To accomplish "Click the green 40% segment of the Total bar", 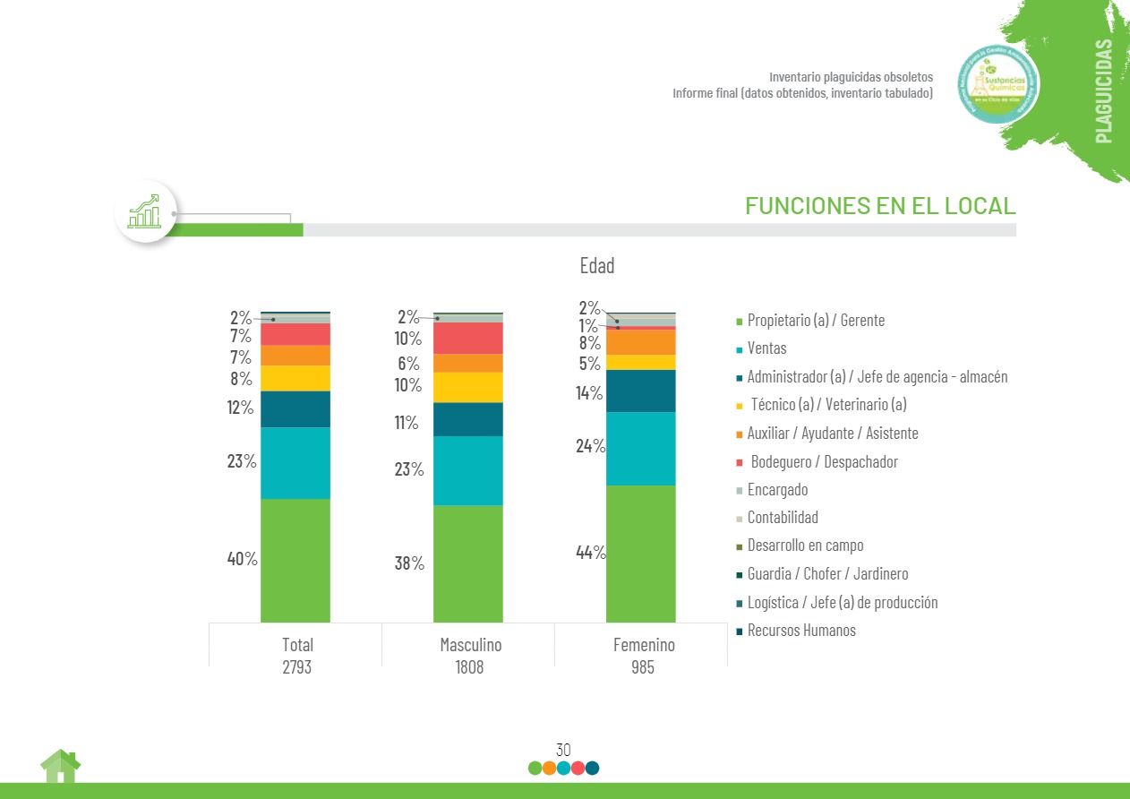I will pos(295,560).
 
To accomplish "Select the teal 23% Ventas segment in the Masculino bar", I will pos(468,470).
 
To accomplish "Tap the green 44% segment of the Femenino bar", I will pos(641,554).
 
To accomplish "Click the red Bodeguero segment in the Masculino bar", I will pos(468,338).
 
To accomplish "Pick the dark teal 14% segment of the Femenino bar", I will pos(641,391).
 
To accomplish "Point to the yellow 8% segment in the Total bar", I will pos(295,378).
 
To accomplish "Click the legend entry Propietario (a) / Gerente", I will pos(815,320).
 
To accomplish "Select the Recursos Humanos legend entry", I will pos(800,631).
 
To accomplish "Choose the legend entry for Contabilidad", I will pos(782,518).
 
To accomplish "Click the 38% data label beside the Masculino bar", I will pos(409,563).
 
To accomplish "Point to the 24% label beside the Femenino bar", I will pos(591,446).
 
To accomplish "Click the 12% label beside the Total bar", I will pos(240,408).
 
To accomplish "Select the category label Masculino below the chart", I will pos(470,645).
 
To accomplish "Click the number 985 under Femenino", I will pos(643,667).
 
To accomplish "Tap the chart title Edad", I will pos(597,266).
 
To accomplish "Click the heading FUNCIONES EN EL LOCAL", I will pos(880,206).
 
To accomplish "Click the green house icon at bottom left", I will pos(60,767).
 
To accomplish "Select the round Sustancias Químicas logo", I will pos(997,84).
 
